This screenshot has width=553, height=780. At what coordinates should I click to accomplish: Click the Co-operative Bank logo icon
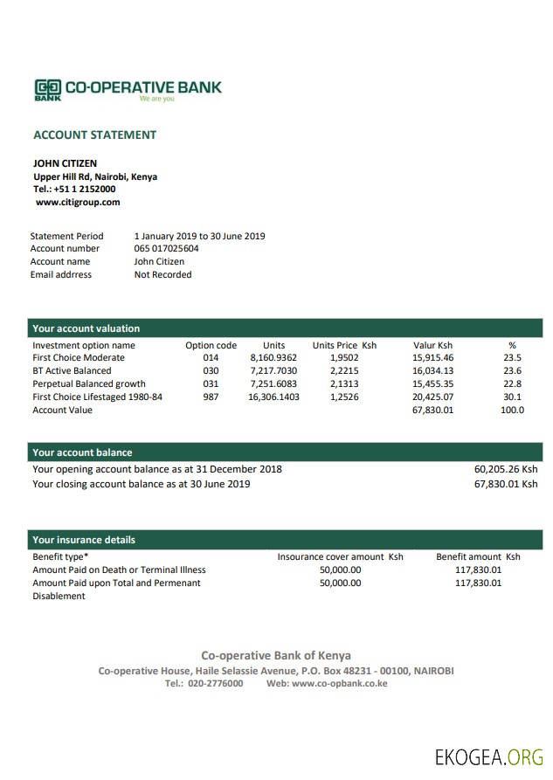(x=48, y=88)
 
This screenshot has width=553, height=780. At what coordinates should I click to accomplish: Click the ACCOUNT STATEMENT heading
(x=94, y=135)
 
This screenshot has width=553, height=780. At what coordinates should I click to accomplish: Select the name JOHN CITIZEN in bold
(x=65, y=163)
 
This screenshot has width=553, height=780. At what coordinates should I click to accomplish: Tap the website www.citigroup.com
(x=78, y=202)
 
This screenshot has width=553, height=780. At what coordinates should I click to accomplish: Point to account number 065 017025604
(x=166, y=248)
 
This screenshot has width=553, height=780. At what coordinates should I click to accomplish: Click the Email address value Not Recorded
(x=162, y=274)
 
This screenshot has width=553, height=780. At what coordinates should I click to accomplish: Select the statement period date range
(x=199, y=236)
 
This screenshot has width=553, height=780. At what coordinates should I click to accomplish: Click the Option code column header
(x=211, y=345)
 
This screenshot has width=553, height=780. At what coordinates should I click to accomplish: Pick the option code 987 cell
(x=211, y=397)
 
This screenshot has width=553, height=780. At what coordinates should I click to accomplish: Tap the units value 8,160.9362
(x=273, y=358)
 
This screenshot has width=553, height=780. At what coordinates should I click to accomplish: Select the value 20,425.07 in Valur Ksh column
(x=432, y=397)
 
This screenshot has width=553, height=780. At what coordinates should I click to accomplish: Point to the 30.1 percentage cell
(x=512, y=397)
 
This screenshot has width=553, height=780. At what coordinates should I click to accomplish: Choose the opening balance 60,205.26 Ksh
(x=505, y=469)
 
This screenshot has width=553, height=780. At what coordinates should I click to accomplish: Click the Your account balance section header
(x=82, y=452)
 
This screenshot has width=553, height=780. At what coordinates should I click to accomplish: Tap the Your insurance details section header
(x=84, y=540)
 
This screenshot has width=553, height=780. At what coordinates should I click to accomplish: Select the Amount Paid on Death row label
(x=119, y=569)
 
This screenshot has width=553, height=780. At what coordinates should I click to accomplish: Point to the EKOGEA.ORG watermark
(x=488, y=756)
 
